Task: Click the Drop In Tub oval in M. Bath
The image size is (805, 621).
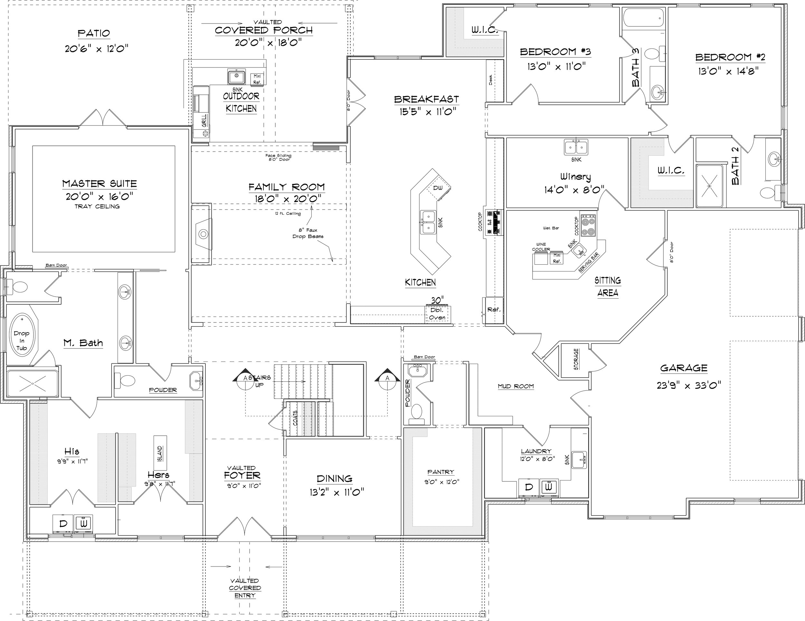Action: tap(21, 340)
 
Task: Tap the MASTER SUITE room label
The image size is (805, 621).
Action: tap(99, 184)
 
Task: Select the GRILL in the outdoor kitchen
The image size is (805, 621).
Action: tap(204, 120)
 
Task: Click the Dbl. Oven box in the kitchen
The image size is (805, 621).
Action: tap(438, 314)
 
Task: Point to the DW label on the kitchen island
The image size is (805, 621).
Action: tap(438, 188)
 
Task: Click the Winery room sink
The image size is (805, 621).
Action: tap(576, 147)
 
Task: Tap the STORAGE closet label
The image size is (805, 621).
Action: tap(576, 359)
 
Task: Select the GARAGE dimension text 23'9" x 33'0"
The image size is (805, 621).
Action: tap(688, 385)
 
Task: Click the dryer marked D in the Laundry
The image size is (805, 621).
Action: tap(528, 487)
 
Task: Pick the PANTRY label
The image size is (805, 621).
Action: tap(440, 472)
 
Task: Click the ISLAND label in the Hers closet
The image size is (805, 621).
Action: tap(160, 453)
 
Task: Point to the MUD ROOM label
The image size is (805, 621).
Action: tap(516, 386)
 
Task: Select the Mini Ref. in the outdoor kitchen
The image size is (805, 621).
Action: tap(257, 79)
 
